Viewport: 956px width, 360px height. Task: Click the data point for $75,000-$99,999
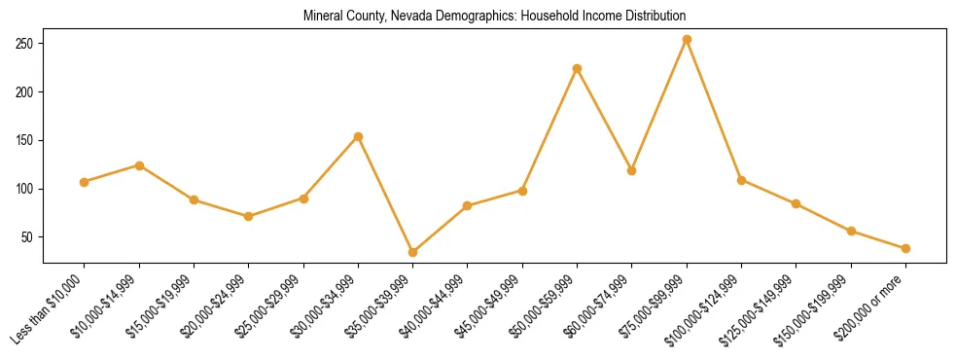[x=687, y=39]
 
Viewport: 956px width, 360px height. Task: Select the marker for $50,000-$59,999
[x=578, y=68]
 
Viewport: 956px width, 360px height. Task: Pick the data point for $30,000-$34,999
[x=359, y=136]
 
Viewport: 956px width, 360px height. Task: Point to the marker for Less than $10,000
[x=85, y=182]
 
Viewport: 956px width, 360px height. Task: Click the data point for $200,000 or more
[x=905, y=248]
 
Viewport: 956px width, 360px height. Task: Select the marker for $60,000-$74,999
[x=632, y=170]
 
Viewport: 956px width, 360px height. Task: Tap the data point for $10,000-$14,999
[x=139, y=165]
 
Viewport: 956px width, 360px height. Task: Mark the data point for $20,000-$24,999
[x=249, y=216]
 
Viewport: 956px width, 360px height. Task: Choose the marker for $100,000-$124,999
[x=741, y=180]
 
